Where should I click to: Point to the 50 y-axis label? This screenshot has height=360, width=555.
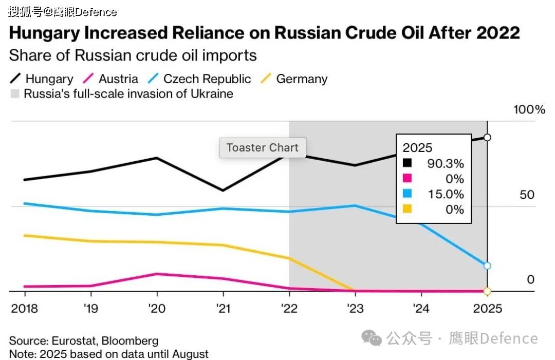[527, 195]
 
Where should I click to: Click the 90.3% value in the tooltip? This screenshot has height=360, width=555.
[446, 164]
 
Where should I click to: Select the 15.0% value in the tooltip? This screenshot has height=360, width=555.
[446, 194]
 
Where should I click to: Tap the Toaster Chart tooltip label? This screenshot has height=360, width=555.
[262, 148]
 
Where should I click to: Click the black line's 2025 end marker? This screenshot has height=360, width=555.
[488, 137]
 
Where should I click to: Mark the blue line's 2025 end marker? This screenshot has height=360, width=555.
[488, 266]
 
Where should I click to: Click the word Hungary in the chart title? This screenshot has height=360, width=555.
[44, 33]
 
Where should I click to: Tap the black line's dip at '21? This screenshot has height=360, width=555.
[223, 191]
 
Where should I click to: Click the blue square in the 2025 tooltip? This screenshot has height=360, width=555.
[408, 194]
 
